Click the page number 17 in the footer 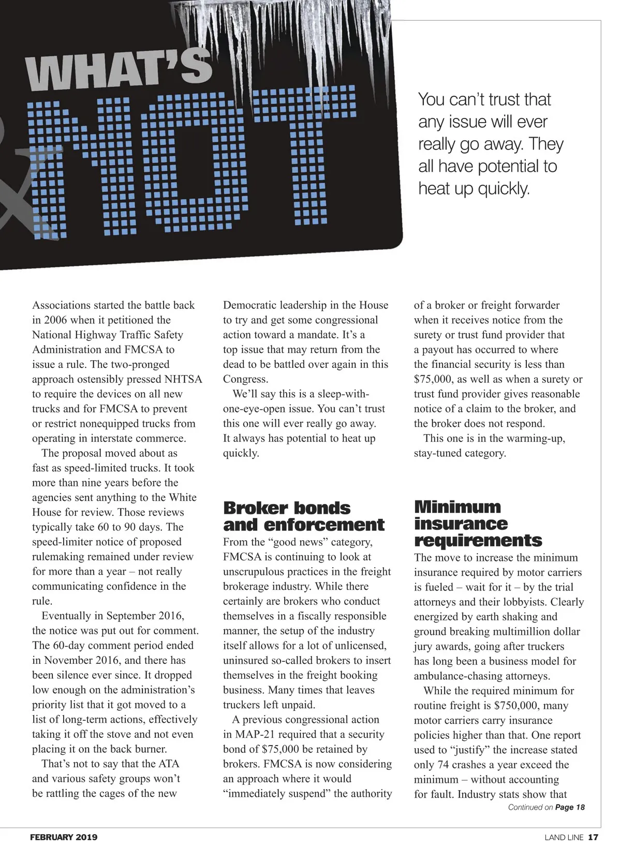coord(593,837)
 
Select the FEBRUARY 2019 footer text coord(64,837)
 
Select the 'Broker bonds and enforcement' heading coord(303,516)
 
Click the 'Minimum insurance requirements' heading coord(478,523)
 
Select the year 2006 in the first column coord(55,320)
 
